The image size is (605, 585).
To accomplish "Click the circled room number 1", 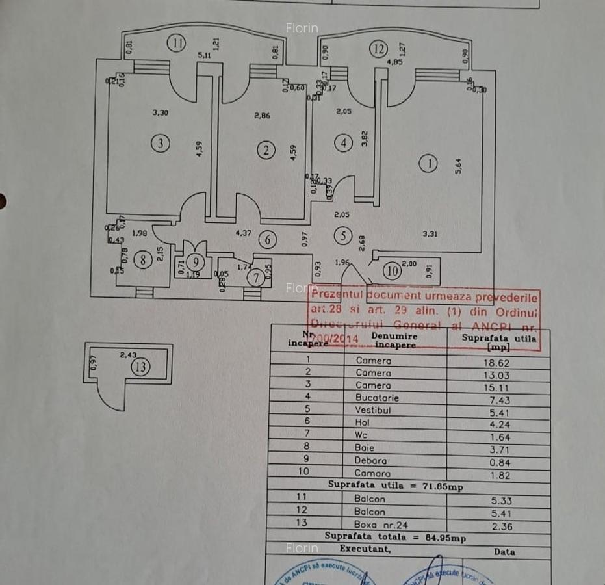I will click(429, 164).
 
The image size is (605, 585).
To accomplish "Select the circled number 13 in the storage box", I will click(140, 367).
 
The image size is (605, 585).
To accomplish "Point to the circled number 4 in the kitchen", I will click(343, 144).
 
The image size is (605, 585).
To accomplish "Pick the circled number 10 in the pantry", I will click(391, 271).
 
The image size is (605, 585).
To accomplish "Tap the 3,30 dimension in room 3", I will click(160, 112).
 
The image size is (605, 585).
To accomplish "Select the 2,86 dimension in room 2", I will click(262, 116).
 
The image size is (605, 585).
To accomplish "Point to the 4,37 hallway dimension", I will click(244, 232).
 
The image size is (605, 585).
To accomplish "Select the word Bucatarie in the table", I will click(377, 398).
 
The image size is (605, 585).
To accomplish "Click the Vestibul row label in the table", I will click(373, 410).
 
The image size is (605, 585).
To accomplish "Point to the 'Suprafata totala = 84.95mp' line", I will click(396, 538).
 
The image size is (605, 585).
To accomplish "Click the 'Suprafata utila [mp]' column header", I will click(498, 342).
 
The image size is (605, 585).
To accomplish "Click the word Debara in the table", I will click(373, 461).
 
